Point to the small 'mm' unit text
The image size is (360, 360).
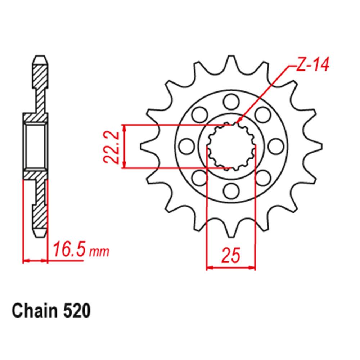coord(99,252)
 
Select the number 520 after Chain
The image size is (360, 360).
coord(76,311)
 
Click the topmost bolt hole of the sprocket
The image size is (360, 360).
coord(229,102)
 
